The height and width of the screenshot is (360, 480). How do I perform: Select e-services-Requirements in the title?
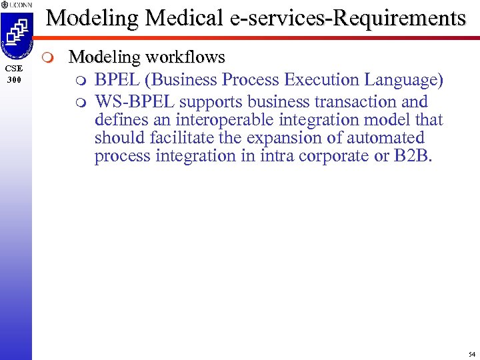pos(347,18)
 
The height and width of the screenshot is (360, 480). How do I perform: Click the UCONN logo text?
pos(17,5)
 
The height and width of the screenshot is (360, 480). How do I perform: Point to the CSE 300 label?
pos(15,73)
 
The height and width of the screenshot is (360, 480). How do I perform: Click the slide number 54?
pos(471,353)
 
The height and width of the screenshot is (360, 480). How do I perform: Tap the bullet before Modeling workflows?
pos(55,57)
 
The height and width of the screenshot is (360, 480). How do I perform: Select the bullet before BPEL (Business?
pos(81,80)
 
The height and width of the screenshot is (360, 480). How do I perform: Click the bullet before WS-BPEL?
pos(81,103)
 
